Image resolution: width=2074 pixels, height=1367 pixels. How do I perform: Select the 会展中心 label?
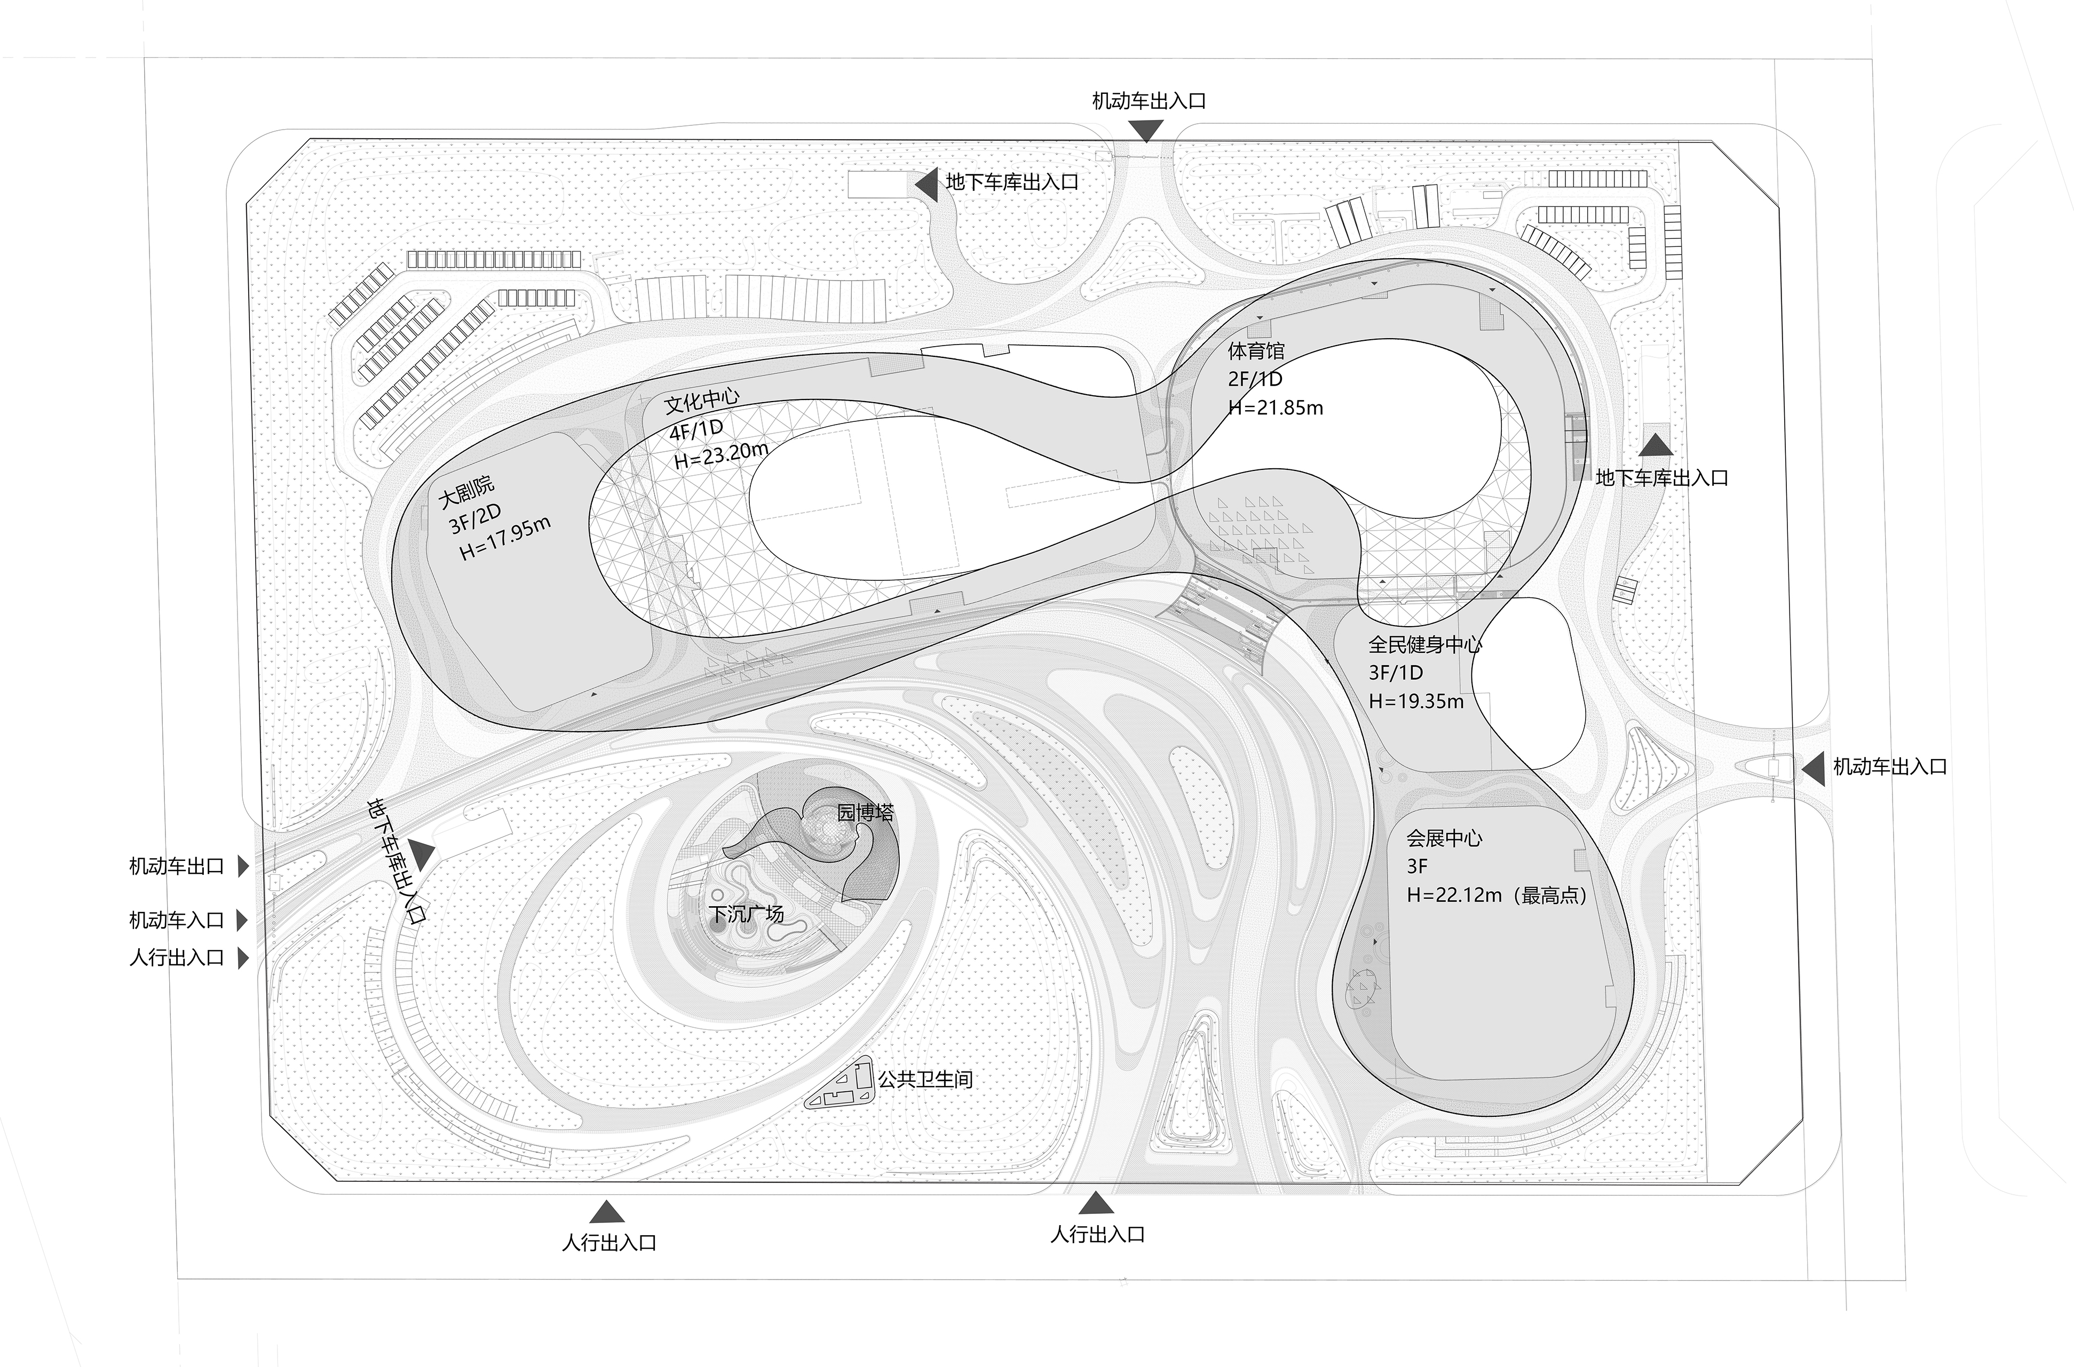click(x=1444, y=838)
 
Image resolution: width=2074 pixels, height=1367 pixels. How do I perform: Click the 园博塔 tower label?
click(x=865, y=812)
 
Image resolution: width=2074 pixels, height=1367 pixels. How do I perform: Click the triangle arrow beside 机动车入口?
click(x=243, y=920)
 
